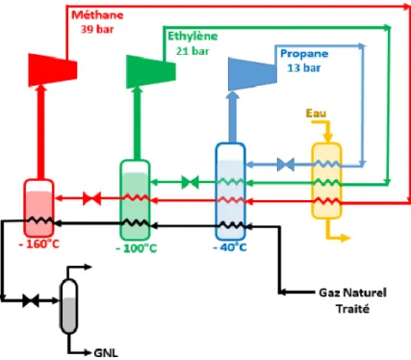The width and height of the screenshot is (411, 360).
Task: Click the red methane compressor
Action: click(x=53, y=70)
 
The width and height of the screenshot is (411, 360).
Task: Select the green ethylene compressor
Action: click(x=151, y=71)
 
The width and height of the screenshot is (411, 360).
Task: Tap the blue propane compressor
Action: click(x=252, y=74)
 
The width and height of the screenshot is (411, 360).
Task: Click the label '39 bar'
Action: click(x=97, y=30)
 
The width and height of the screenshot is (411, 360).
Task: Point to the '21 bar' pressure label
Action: click(x=193, y=51)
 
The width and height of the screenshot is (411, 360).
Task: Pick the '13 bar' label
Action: click(x=304, y=68)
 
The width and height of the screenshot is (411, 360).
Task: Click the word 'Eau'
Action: click(x=316, y=113)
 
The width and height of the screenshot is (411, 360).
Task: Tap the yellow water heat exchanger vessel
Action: click(x=326, y=181)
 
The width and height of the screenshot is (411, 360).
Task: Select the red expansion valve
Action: click(x=92, y=198)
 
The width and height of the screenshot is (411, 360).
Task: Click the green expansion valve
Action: click(x=190, y=182)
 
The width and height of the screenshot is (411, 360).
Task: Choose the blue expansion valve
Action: click(x=285, y=165)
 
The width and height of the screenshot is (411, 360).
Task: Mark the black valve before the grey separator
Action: click(x=31, y=300)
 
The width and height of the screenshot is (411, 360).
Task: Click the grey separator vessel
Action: click(x=69, y=306)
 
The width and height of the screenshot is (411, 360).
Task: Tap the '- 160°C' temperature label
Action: click(x=39, y=244)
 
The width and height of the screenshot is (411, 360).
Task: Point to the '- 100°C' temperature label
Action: click(x=137, y=248)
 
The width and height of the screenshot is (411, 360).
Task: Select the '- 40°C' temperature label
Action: click(x=230, y=247)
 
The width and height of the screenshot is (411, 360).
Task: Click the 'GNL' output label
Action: click(x=106, y=353)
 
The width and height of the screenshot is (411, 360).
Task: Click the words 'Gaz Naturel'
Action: click(x=352, y=293)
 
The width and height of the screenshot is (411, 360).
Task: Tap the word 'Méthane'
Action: click(x=97, y=14)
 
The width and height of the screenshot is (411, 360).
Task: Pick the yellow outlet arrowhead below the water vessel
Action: click(x=346, y=238)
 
